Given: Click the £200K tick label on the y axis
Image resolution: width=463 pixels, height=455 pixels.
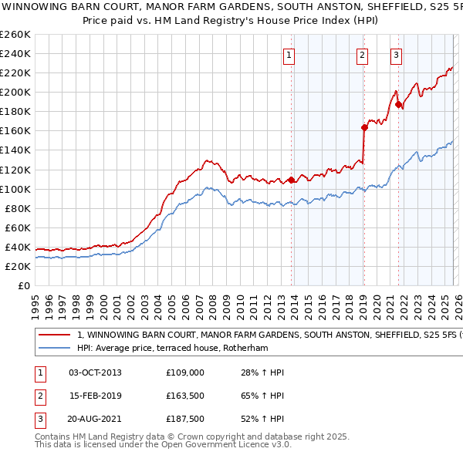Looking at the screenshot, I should [15, 92].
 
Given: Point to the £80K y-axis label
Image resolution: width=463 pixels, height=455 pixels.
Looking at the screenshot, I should [18, 208].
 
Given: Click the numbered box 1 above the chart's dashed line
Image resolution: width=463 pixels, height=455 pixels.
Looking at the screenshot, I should [289, 55].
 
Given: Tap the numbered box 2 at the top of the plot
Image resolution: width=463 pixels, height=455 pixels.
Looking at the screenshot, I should [361, 55].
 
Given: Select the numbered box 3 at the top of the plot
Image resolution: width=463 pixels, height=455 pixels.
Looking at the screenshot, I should [395, 55].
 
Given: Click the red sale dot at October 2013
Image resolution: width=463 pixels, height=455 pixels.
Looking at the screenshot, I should [292, 180].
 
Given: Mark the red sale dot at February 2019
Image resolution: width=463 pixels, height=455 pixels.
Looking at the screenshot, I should [364, 127].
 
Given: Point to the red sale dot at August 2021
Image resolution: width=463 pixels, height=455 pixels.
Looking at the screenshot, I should [399, 104].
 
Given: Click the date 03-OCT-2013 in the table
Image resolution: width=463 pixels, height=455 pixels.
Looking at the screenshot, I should [95, 372].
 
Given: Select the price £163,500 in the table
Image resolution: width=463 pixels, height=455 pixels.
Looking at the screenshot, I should [185, 396].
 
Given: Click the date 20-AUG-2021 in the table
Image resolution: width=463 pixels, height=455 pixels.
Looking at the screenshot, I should [95, 420].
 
